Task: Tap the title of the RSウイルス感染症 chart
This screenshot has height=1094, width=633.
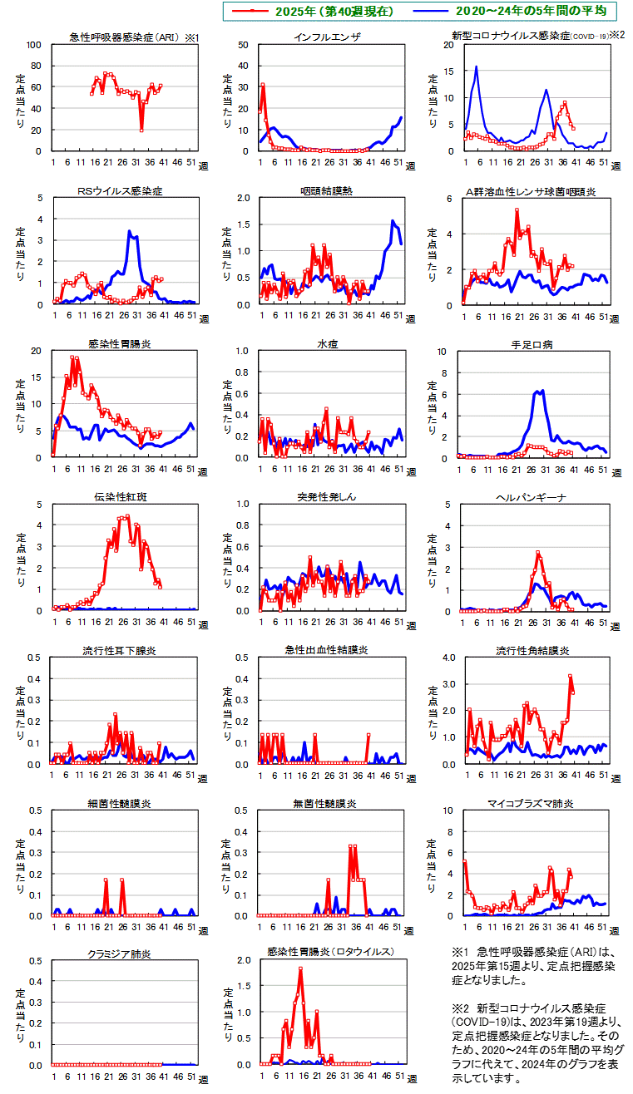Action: tap(120, 191)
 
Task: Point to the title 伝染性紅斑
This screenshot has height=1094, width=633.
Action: tap(120, 497)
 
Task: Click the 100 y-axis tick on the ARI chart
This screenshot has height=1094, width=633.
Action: tap(35, 44)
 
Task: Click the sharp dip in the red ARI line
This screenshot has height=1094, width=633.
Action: tap(141, 130)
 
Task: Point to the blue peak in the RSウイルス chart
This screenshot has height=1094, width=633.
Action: tap(130, 232)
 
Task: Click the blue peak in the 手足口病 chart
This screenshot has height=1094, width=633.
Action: tap(542, 391)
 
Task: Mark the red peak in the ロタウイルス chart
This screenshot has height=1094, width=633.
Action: tap(300, 968)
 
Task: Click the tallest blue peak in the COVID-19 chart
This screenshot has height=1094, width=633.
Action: tap(476, 67)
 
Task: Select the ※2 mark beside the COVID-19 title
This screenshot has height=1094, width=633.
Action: tap(616, 36)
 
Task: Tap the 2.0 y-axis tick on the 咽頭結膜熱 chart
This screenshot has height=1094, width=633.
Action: tap(243, 198)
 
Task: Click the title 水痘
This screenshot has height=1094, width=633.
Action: tap(326, 344)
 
